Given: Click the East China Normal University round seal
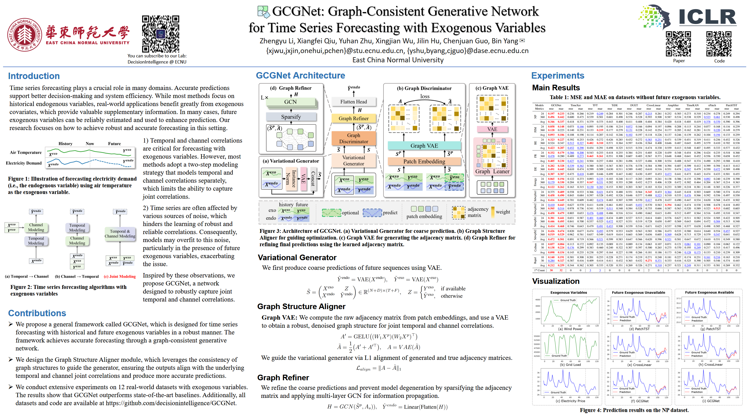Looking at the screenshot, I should (25, 35).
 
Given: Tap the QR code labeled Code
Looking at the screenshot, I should (719, 44).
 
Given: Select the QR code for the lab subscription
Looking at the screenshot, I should (160, 34).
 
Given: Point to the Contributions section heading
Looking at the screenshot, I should (37, 313).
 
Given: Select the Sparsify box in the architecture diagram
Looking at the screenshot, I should (291, 117).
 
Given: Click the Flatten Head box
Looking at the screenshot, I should (353, 102).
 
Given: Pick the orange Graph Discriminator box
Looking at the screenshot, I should (353, 138).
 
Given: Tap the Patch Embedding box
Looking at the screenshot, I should (424, 161).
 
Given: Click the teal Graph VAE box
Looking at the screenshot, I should (424, 146).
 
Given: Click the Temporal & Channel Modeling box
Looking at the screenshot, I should (120, 234).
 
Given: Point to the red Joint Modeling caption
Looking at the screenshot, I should (120, 276).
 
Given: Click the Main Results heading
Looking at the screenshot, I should (556, 88).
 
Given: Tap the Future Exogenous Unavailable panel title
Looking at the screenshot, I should (638, 292).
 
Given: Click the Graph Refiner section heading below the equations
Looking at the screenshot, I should (283, 378).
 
